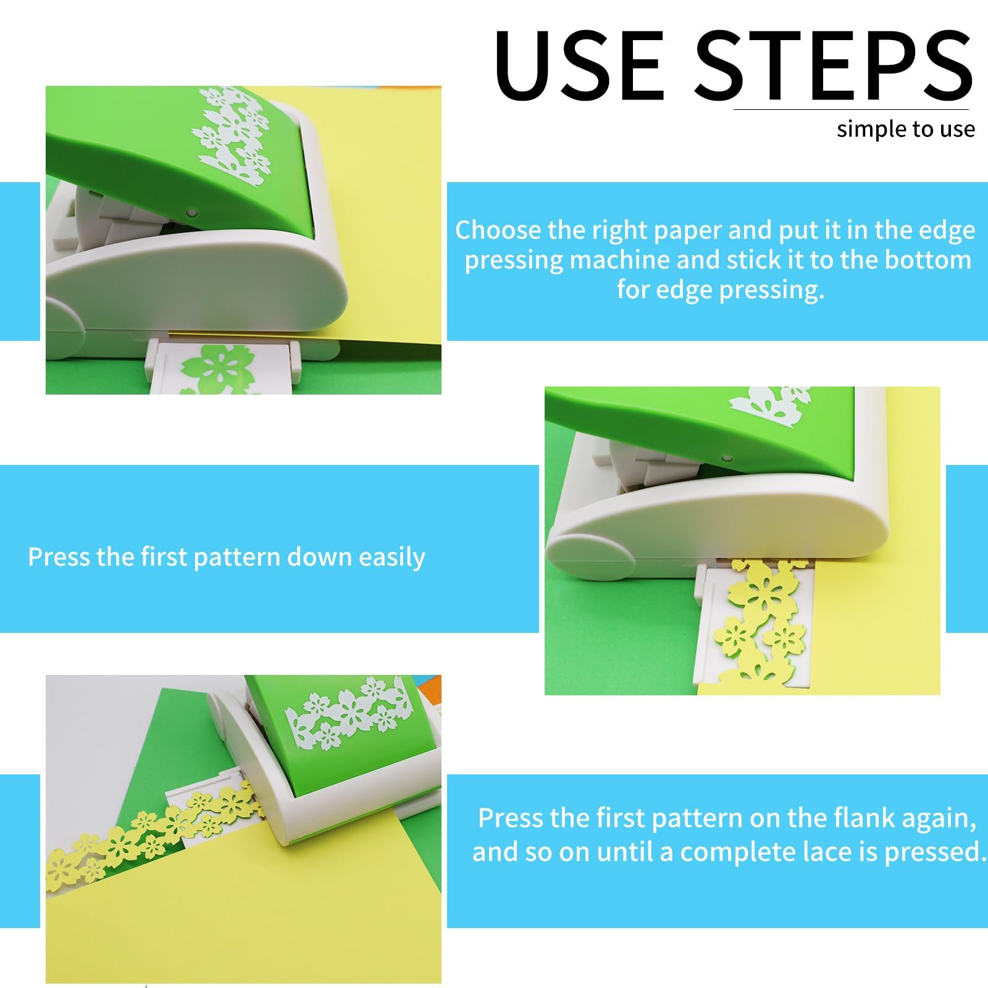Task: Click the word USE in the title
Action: coord(580,65)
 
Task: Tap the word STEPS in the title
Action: coord(834,65)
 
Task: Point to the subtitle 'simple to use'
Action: coord(906,129)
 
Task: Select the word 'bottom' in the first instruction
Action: coord(928,260)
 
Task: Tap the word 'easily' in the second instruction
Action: coord(392,558)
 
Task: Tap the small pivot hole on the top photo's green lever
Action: coord(191,213)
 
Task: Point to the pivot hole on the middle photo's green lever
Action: coord(727,459)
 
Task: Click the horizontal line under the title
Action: coord(851,110)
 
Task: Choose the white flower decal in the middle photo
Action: coord(769,400)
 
